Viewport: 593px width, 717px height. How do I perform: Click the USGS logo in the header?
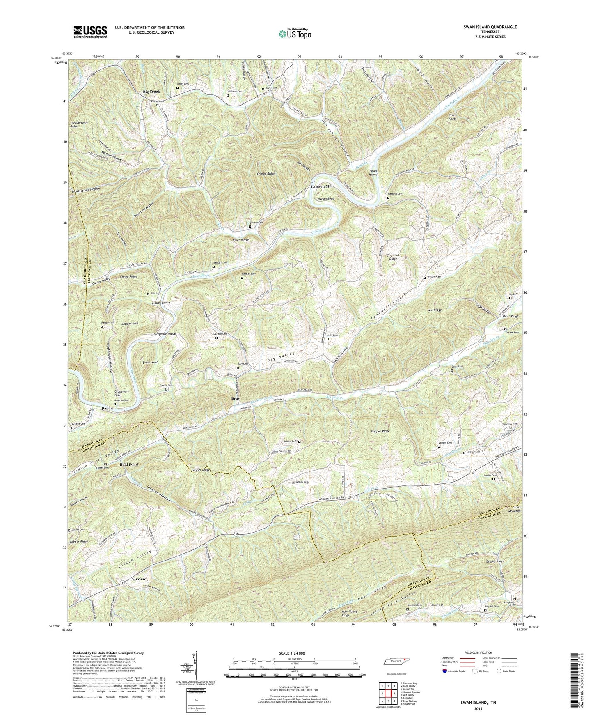(x=90, y=31)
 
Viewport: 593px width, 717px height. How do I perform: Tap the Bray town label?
(x=235, y=398)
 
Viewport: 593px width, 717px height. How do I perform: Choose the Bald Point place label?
(x=129, y=464)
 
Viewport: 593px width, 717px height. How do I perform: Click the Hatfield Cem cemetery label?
(x=396, y=194)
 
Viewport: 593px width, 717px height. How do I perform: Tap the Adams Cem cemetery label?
(x=290, y=441)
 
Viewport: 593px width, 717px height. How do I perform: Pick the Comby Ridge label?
(x=266, y=174)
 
